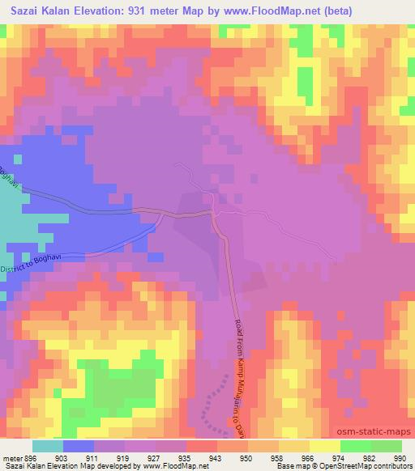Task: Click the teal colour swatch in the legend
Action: point(48,446)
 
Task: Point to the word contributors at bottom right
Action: point(393,466)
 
